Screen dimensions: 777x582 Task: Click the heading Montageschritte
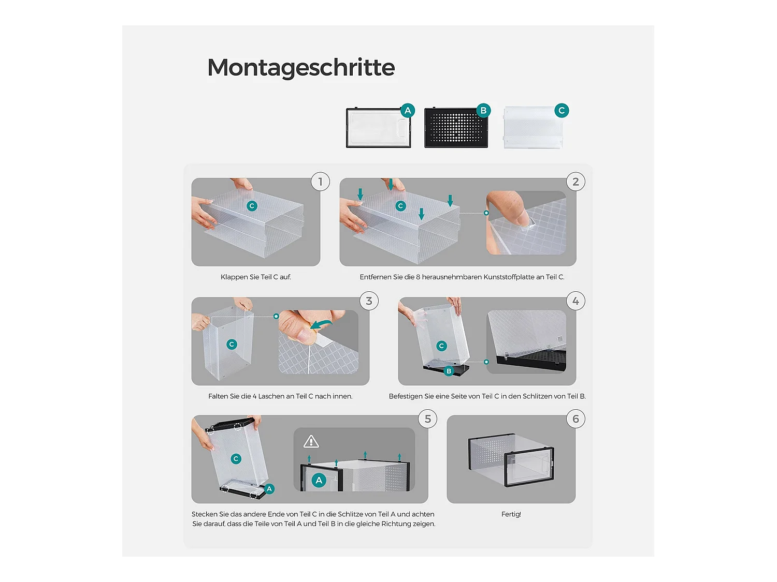(301, 67)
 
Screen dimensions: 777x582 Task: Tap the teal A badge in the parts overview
(408, 111)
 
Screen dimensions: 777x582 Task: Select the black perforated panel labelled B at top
(456, 128)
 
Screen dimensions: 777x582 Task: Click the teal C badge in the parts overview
(562, 111)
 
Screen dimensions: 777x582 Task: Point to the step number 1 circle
(320, 182)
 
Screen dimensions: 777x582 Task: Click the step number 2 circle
(575, 182)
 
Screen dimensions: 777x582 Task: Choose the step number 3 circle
(369, 301)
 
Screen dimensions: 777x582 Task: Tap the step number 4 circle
(575, 301)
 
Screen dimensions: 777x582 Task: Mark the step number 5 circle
(428, 419)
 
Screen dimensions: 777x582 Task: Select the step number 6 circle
(575, 419)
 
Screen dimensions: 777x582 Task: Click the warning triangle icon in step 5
(311, 442)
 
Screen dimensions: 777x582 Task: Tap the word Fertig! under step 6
(511, 514)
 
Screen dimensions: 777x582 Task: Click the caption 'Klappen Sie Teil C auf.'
(255, 277)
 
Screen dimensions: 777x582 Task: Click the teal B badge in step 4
(449, 371)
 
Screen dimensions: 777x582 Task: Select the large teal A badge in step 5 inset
(319, 480)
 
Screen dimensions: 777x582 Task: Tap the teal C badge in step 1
(252, 206)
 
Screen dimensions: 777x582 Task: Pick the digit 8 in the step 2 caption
(418, 277)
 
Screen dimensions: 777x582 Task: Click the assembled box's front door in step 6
(529, 467)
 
